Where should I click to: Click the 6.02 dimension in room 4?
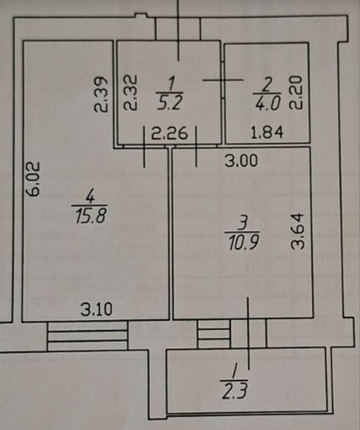(34, 179)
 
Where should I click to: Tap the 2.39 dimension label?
(100, 94)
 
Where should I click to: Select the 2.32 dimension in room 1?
(130, 93)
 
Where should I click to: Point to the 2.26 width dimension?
(170, 133)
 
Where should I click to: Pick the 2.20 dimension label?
(296, 93)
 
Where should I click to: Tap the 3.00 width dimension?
(241, 161)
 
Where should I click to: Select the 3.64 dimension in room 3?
(298, 231)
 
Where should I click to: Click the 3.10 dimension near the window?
(96, 310)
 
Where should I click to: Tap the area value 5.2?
(170, 103)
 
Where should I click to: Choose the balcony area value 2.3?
(235, 391)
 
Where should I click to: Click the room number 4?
(90, 197)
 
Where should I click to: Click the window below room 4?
(87, 336)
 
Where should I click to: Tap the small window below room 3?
(214, 334)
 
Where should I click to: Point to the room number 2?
(267, 85)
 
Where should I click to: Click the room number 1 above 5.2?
(171, 84)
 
